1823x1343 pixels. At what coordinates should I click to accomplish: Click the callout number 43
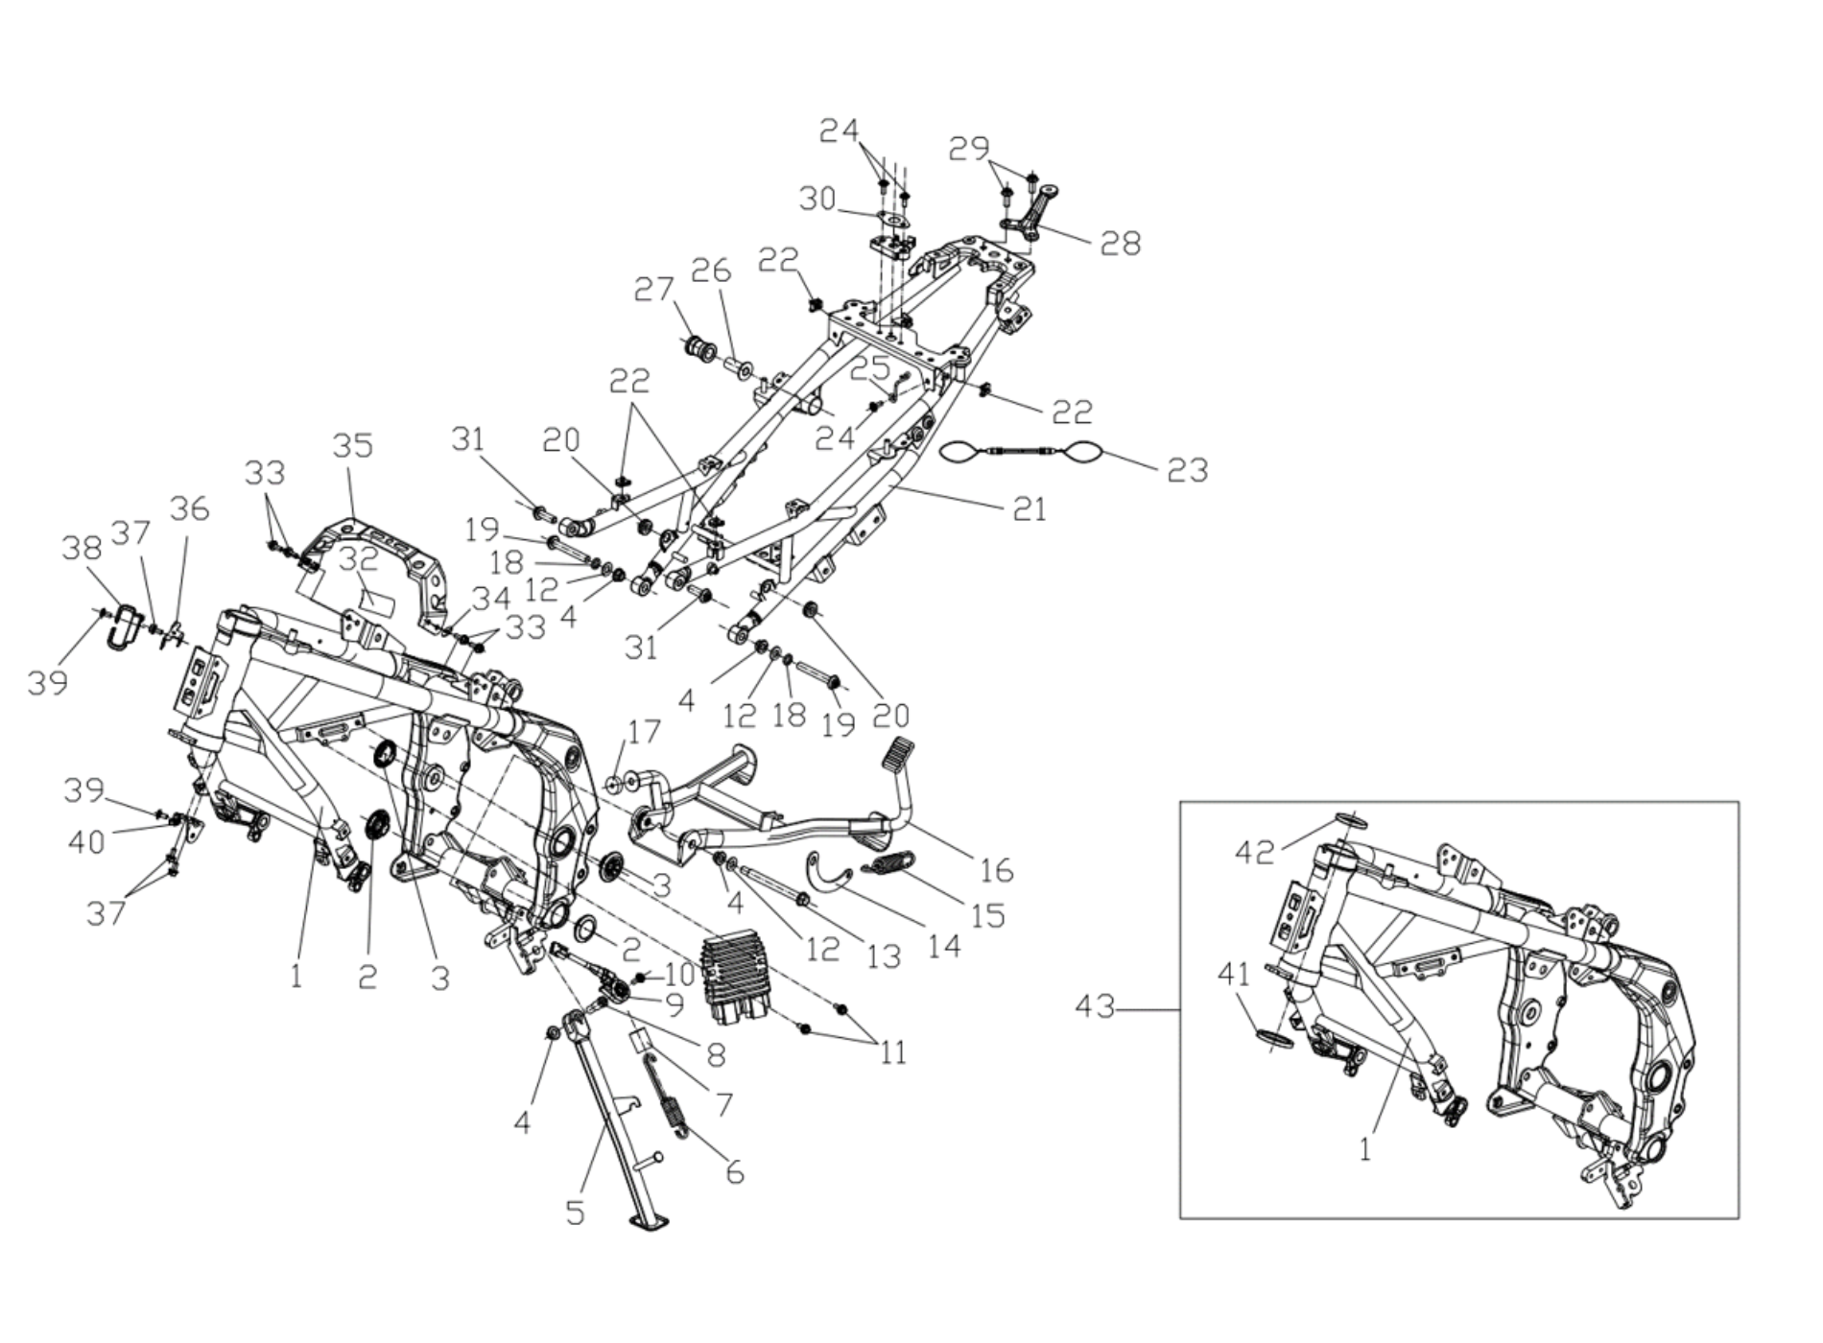pos(1095,1008)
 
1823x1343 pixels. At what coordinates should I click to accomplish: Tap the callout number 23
pos(1187,470)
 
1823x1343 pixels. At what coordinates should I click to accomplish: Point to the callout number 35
pos(352,446)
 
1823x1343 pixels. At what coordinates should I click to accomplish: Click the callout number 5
pos(575,1213)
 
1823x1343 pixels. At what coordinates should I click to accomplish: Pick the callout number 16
pos(997,870)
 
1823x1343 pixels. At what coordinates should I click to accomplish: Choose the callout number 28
pos(1121,244)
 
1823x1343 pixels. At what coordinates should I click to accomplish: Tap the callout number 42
pos(1255,852)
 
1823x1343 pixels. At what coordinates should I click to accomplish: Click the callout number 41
pos(1234,975)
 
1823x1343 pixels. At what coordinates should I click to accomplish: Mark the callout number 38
pos(82,548)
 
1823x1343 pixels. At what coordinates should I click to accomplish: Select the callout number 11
pos(893,1053)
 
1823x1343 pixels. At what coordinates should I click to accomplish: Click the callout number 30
pos(818,200)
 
